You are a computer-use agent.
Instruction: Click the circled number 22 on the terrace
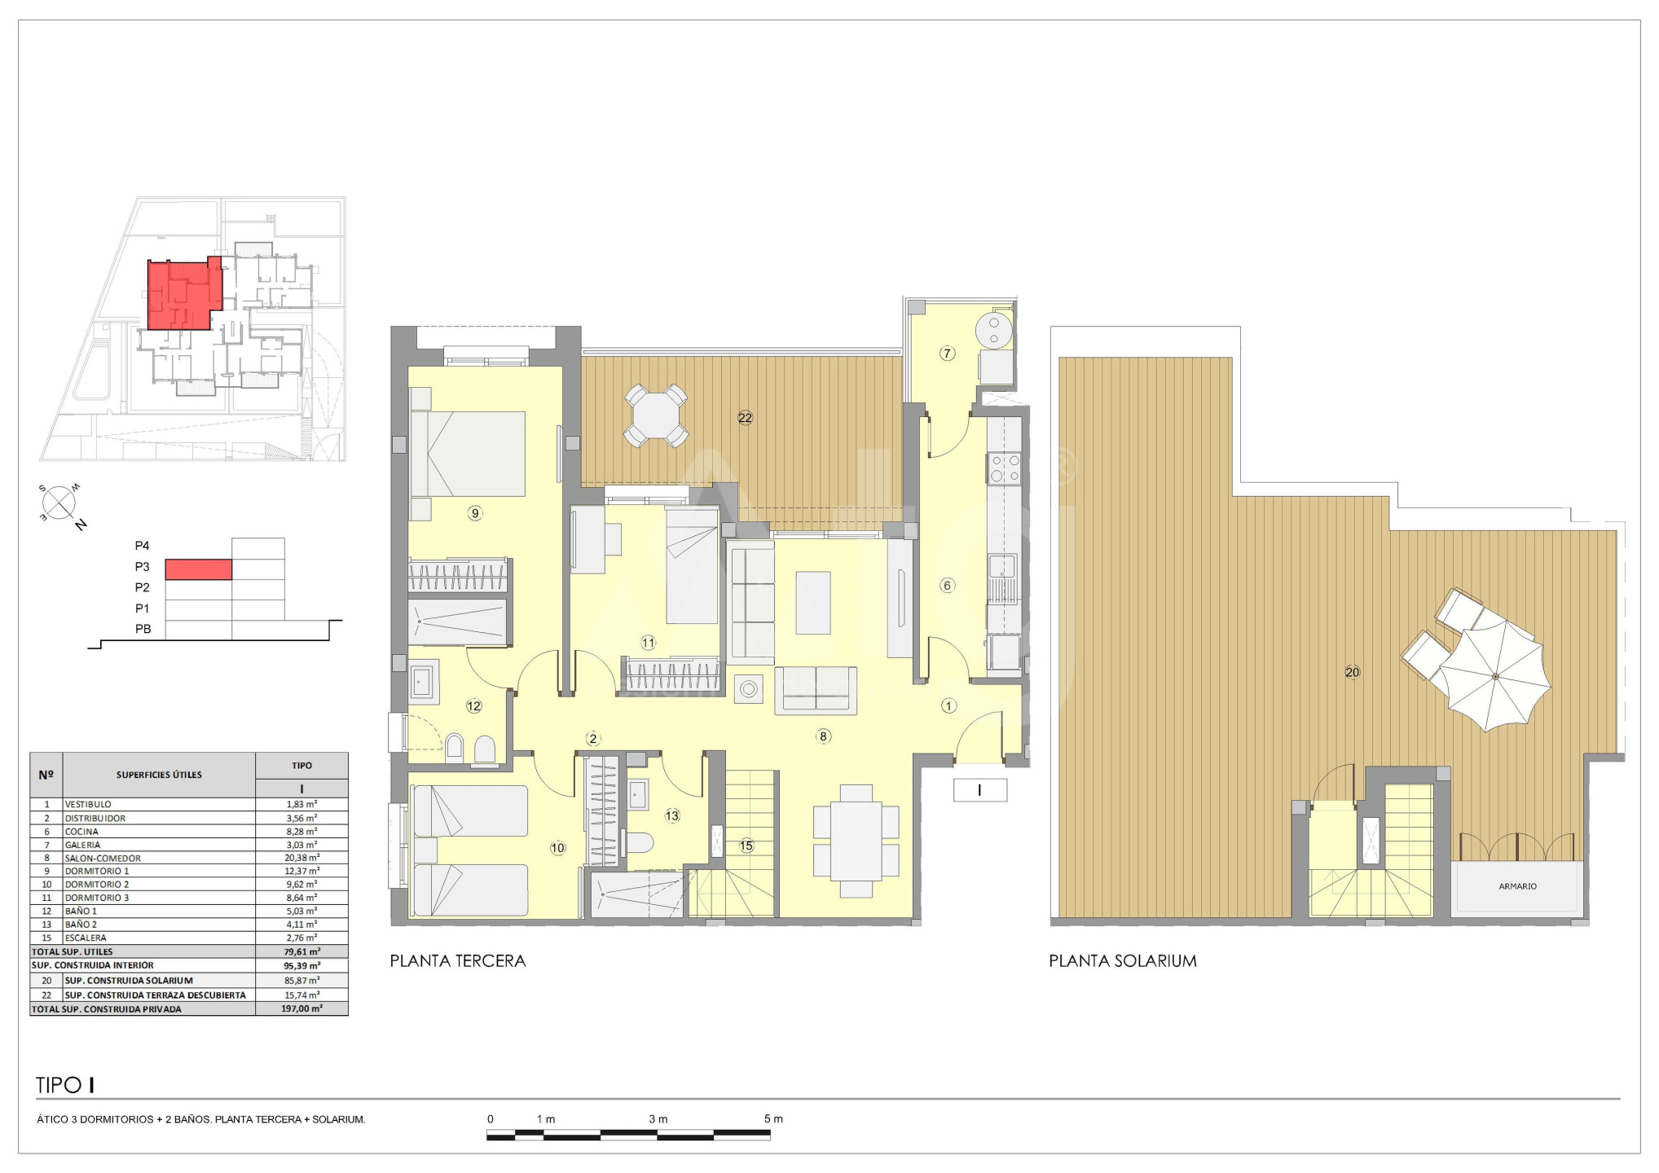(x=745, y=418)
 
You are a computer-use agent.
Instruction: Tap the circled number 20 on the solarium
(x=1353, y=672)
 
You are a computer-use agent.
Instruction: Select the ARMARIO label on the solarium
(x=1517, y=886)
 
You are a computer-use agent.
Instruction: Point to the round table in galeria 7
(x=994, y=331)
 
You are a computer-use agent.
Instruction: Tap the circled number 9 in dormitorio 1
(x=475, y=513)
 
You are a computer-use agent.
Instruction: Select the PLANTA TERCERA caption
(x=458, y=960)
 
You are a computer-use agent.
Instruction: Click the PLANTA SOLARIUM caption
(x=1123, y=960)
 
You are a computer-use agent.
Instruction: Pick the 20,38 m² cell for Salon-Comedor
(x=301, y=858)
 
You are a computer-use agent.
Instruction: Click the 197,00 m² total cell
(x=301, y=1008)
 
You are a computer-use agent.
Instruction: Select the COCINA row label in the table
(x=81, y=832)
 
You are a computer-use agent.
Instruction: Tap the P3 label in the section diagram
(x=143, y=567)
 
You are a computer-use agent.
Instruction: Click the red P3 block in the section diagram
(x=199, y=569)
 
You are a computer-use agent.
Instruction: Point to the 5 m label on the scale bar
(x=773, y=1118)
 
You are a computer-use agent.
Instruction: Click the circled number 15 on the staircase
(x=746, y=846)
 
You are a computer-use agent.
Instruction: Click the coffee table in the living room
(x=812, y=603)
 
